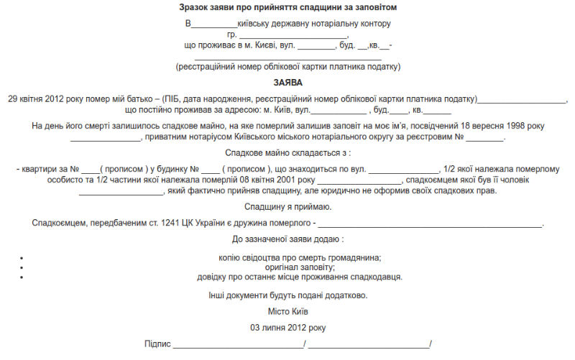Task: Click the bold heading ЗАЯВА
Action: coord(287,83)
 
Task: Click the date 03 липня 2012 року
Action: coord(287,328)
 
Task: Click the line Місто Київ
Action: coord(287,312)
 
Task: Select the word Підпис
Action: coord(157,344)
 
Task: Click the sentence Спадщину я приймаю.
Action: coord(287,207)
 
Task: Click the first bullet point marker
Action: coord(22,257)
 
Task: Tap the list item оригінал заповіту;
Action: coord(290,267)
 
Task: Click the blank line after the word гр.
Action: coord(293,36)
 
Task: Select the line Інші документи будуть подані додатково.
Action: coord(287,295)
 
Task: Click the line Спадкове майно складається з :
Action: coord(287,153)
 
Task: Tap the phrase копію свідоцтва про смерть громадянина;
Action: coord(300,257)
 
